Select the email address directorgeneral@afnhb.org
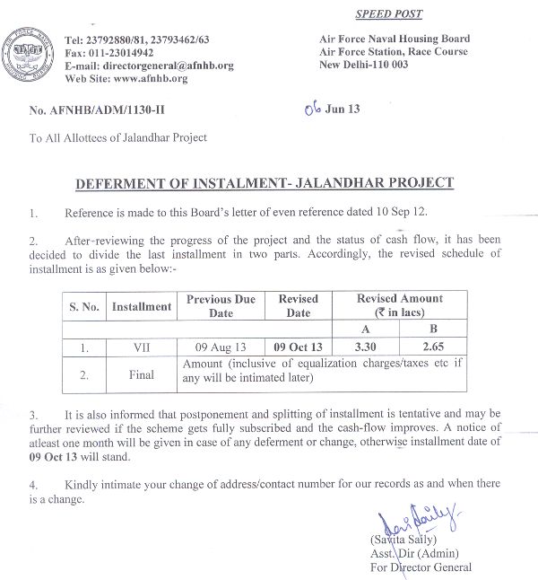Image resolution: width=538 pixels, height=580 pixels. [165, 66]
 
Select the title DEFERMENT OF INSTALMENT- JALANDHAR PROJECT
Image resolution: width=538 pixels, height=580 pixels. [265, 183]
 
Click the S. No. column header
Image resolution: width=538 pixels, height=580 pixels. [85, 306]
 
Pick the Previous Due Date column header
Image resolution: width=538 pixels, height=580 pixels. [221, 306]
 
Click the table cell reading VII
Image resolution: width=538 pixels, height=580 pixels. [141, 346]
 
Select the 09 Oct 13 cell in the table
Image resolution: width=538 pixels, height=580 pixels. [298, 346]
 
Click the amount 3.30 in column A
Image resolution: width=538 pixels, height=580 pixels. [362, 346]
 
